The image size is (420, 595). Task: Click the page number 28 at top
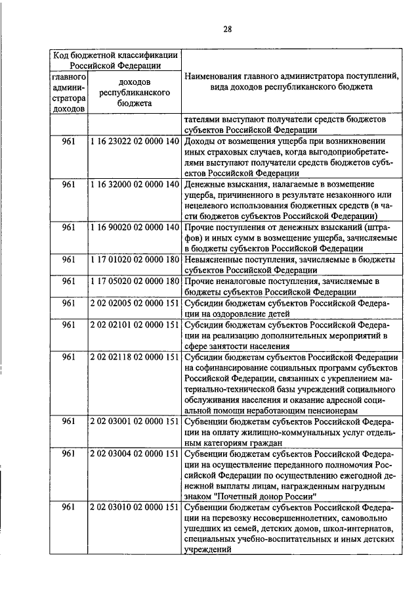(x=227, y=28)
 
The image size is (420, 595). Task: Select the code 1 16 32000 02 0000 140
(x=135, y=184)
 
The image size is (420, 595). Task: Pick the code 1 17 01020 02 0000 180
(x=135, y=260)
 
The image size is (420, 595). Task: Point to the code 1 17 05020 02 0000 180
(x=135, y=281)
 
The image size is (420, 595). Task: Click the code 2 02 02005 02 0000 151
(x=135, y=303)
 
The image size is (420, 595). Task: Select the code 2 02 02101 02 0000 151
(x=135, y=325)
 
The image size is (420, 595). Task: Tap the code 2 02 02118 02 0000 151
(x=135, y=357)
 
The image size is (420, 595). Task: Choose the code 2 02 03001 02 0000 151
(x=135, y=421)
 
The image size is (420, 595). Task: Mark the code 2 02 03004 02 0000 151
(x=135, y=454)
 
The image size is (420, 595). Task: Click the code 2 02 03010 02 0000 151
(x=135, y=508)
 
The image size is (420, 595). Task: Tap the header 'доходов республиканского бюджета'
(x=135, y=93)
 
